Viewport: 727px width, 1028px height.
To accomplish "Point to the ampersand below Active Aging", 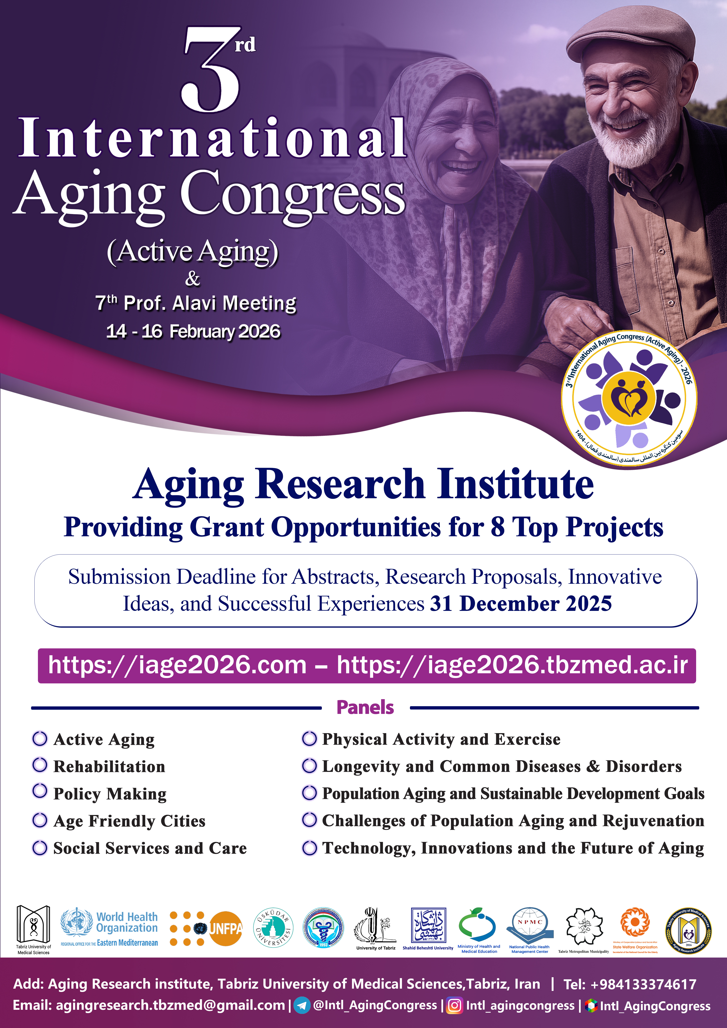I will click(193, 278).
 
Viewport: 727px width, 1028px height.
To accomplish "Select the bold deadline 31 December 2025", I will click(521, 604).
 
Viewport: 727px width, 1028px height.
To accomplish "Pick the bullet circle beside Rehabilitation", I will click(40, 765).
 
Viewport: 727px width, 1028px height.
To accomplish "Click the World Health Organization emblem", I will click(77, 923).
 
